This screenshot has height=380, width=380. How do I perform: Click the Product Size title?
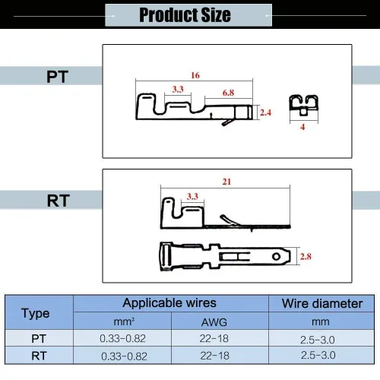(x=185, y=14)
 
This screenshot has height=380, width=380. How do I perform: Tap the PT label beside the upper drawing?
(x=57, y=77)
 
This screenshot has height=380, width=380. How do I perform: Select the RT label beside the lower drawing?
(x=59, y=201)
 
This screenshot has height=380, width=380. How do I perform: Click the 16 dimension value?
(x=195, y=75)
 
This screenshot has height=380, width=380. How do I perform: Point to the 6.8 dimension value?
(x=228, y=93)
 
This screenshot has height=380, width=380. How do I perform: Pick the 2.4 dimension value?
(x=265, y=112)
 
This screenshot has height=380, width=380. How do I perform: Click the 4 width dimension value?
(x=302, y=127)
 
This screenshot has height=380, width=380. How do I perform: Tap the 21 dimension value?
(x=226, y=182)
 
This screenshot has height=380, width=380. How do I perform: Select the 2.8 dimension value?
(x=306, y=256)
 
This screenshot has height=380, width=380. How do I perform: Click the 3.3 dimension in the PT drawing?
(x=178, y=89)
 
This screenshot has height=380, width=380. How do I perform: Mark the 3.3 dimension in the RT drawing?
(x=192, y=196)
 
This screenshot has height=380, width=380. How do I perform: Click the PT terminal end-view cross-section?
(x=303, y=106)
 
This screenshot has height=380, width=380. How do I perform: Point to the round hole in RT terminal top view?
(x=276, y=257)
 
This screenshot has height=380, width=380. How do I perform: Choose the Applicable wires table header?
(x=169, y=303)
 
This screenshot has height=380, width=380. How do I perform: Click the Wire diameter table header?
(x=322, y=303)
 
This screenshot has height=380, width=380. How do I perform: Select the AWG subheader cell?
(x=214, y=322)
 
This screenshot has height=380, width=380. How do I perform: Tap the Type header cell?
(x=36, y=314)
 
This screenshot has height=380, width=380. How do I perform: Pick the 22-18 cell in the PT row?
(x=214, y=338)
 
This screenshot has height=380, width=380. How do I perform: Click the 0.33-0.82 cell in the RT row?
(x=124, y=356)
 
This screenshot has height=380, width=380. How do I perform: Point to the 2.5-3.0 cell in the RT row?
(x=318, y=355)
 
